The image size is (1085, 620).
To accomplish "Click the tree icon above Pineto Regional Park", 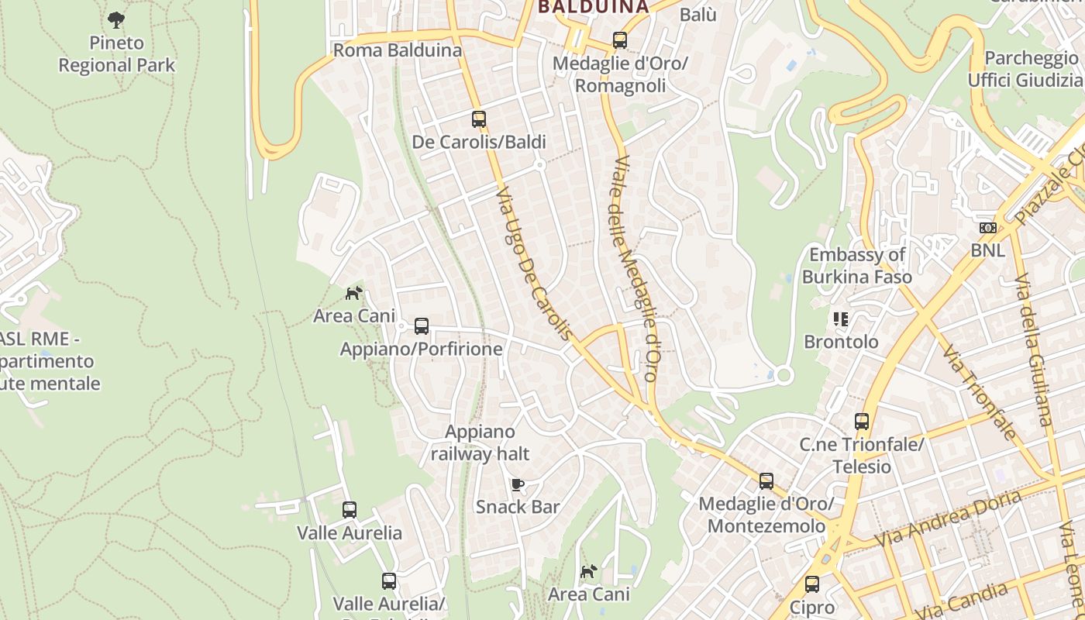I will [x=116, y=19].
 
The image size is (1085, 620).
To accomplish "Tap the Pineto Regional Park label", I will [x=117, y=54].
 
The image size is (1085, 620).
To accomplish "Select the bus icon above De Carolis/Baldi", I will [x=479, y=119].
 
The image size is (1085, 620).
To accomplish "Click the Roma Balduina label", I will [x=397, y=50].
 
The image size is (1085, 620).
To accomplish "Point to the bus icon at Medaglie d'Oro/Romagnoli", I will [x=619, y=40].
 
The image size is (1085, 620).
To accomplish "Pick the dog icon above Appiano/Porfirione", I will [x=354, y=294].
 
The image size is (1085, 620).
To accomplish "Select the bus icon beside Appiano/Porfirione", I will [x=422, y=326].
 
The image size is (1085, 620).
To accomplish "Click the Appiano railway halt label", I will [x=480, y=443].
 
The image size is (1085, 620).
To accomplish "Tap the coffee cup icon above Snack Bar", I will [x=518, y=485].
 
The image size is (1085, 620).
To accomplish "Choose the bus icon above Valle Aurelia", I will [x=350, y=510].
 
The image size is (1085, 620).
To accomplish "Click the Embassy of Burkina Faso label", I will [x=856, y=266].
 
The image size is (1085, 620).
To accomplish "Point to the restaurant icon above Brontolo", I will [x=841, y=319].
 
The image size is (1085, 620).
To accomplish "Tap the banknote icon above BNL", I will [x=987, y=228].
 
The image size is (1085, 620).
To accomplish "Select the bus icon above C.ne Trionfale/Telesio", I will [x=862, y=422].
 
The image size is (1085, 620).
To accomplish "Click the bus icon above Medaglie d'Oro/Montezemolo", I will [x=766, y=481].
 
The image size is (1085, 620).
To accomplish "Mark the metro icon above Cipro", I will [x=812, y=584].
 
